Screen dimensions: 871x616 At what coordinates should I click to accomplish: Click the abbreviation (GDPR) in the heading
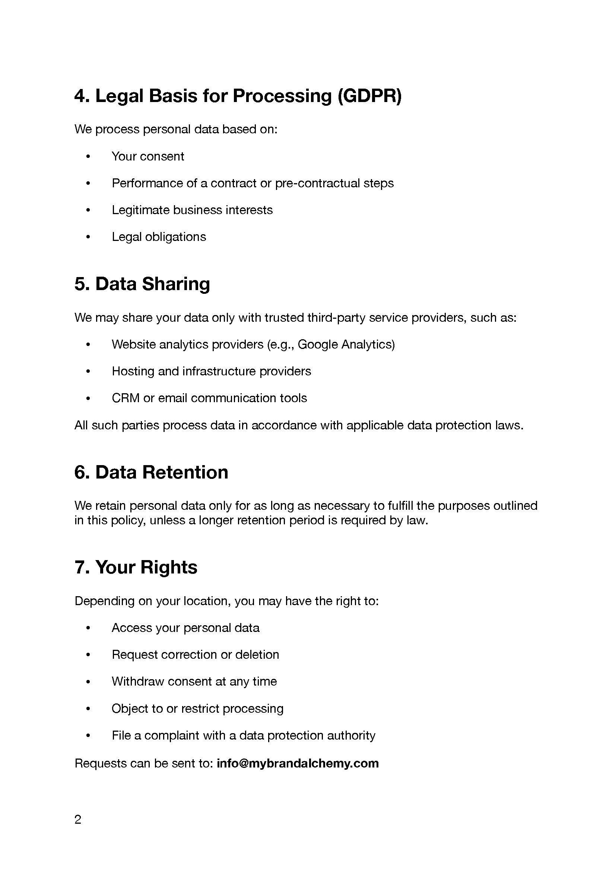(369, 96)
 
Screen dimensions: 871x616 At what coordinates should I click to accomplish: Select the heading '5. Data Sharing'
(142, 284)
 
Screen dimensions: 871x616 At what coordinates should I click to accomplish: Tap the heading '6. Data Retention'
(151, 473)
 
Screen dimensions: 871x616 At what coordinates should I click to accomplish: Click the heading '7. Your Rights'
(136, 567)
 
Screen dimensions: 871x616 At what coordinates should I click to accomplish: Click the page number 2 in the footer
(78, 820)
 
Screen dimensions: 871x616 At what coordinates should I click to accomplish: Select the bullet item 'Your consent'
(147, 156)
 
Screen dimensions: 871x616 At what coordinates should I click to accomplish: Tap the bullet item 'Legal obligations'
(159, 237)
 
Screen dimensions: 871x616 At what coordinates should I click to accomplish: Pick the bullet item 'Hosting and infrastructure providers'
(211, 371)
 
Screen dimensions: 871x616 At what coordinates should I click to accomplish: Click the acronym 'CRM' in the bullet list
(126, 398)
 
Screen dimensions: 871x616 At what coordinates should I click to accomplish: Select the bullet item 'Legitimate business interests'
(192, 210)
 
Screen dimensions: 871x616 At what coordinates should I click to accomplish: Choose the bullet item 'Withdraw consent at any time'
(194, 681)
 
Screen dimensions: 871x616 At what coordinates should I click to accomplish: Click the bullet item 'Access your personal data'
(185, 628)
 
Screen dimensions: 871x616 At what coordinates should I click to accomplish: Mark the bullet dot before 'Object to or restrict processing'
(88, 709)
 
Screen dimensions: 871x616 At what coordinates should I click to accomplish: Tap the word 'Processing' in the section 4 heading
(282, 96)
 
